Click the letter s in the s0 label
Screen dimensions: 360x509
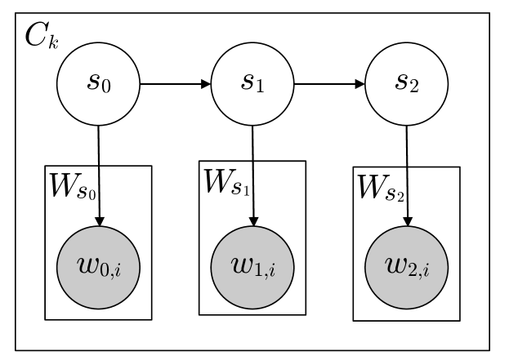(x=94, y=81)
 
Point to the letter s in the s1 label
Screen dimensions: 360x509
(x=248, y=81)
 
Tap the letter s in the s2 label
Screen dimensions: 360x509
(x=401, y=81)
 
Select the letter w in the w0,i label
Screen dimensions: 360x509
(x=87, y=264)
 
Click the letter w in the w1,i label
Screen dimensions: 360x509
(x=242, y=264)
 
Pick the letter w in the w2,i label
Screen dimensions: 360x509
(x=395, y=264)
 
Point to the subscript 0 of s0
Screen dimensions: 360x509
(x=106, y=87)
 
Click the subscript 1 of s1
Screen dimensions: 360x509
(x=260, y=87)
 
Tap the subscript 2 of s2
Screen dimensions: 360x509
(x=414, y=87)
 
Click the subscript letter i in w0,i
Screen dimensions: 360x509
(x=117, y=269)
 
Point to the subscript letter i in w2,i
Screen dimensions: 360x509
(x=425, y=269)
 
